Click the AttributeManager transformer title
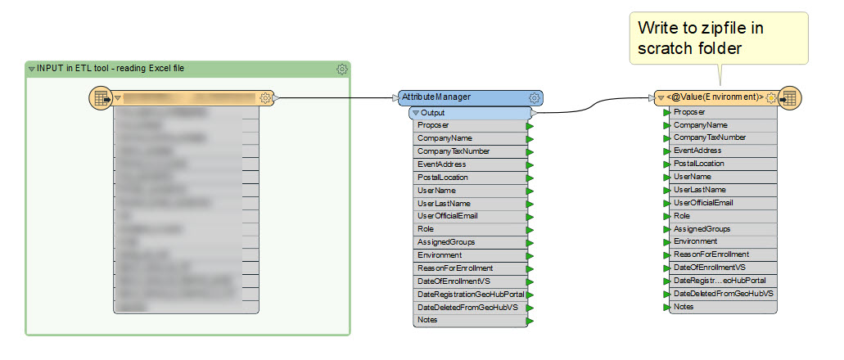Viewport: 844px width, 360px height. click(436, 97)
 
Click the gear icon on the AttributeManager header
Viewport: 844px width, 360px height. click(535, 97)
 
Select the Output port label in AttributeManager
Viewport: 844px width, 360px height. click(433, 112)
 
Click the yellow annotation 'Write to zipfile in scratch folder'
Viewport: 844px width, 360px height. click(716, 38)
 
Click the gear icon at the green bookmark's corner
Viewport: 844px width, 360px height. click(342, 70)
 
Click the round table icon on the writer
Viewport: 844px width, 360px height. click(789, 98)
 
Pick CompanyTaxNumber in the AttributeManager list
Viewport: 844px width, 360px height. click(454, 151)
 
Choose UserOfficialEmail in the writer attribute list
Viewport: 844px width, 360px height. click(702, 202)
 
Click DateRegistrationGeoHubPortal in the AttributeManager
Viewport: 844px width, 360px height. click(470, 294)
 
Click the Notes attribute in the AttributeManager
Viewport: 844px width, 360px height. click(427, 320)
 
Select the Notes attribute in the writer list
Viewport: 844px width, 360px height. click(684, 307)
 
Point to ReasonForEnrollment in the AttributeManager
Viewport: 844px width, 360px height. click(455, 268)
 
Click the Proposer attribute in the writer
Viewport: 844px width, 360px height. click(689, 111)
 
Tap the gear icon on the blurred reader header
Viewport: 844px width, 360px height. click(265, 98)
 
